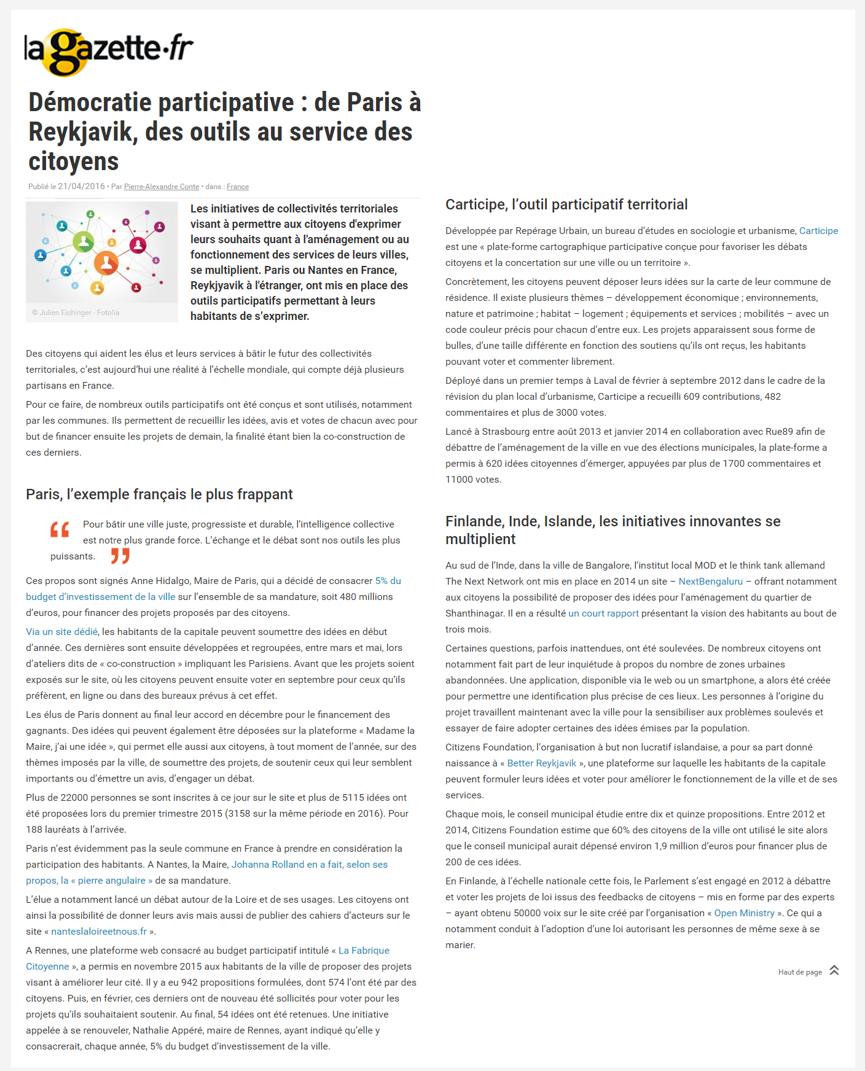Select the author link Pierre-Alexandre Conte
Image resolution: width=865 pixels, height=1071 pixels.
pos(161,187)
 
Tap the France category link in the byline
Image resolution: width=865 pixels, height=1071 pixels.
pos(238,187)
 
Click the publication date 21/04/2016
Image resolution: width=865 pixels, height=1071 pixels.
pos(81,187)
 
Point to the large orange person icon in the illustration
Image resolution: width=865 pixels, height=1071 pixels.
pos(106,263)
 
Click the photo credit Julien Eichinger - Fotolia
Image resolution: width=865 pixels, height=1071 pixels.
pos(76,313)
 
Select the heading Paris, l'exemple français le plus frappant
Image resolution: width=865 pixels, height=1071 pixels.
pos(159,494)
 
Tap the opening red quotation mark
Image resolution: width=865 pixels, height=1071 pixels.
pos(60,529)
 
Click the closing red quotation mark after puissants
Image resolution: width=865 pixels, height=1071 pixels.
pos(120,556)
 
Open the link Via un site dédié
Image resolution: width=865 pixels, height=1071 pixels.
pos(61,632)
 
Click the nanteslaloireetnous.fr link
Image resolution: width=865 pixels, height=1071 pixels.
pos(99,932)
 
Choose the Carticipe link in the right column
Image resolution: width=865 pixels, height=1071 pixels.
pos(818,231)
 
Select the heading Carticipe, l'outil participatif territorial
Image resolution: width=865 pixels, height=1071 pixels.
pos(566,204)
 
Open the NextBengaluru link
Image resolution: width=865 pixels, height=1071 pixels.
pos(710,582)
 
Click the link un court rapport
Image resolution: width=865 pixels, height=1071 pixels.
pos(603,613)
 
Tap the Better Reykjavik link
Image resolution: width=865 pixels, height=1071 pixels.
pos(541,763)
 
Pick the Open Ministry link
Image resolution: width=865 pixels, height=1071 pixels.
pos(744,913)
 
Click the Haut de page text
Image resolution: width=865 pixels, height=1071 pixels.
pos(800,972)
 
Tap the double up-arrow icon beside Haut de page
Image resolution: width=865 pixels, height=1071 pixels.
pos(834,970)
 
